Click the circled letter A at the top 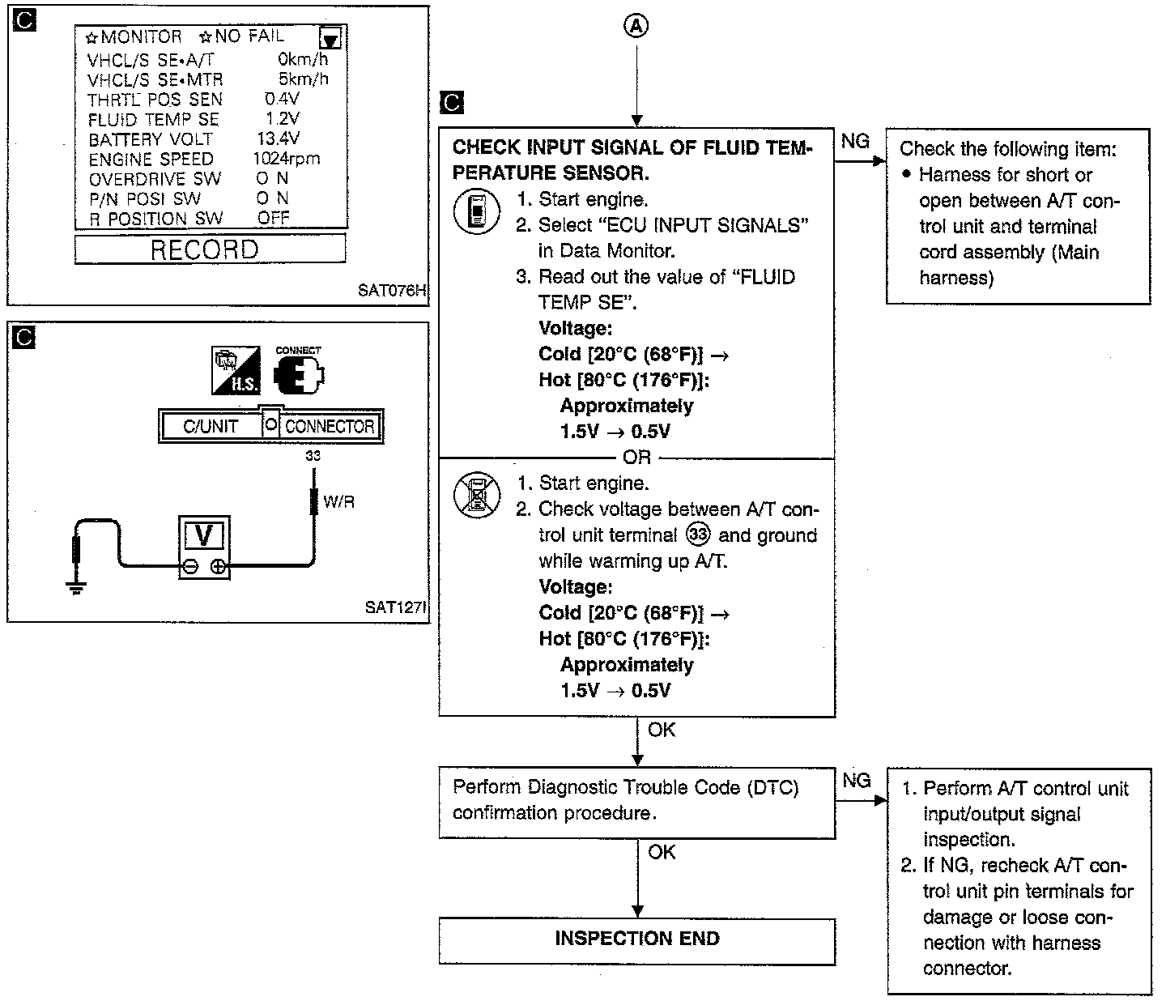click(x=637, y=27)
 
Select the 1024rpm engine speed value click(x=286, y=159)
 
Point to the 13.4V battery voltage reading click(x=278, y=138)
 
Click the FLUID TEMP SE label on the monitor click(x=153, y=119)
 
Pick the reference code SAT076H click(x=391, y=290)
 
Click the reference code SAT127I click(x=394, y=607)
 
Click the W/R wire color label click(x=338, y=502)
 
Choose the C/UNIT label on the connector click(x=211, y=426)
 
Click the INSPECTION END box click(x=636, y=939)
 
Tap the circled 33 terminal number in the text click(x=697, y=535)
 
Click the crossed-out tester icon click(x=474, y=495)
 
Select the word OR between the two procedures click(x=636, y=458)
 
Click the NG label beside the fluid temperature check click(x=855, y=142)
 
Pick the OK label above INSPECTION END click(x=662, y=852)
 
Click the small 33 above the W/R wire click(x=313, y=456)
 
